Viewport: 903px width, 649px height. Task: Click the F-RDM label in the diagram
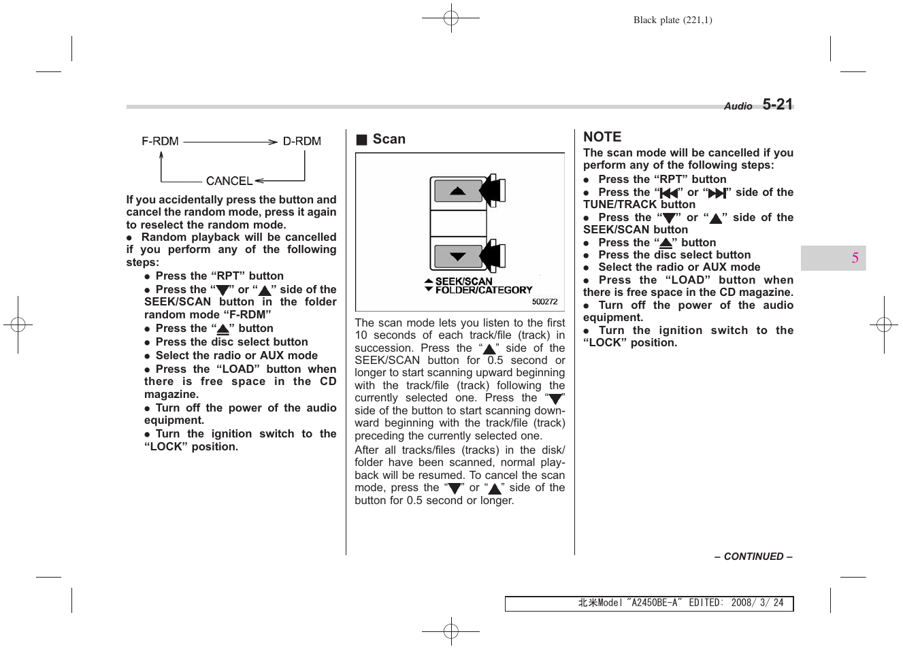pos(160,142)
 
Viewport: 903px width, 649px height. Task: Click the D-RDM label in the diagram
pos(301,142)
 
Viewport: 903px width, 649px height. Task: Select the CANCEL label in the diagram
pos(229,181)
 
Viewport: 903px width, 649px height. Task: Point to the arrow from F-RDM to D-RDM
pos(231,142)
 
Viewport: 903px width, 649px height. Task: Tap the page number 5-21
pos(778,105)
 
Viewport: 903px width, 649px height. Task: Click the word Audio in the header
pos(738,106)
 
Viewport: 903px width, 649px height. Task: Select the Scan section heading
pos(389,139)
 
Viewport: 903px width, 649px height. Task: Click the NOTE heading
pos(602,137)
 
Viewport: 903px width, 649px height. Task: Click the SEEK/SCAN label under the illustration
pos(463,281)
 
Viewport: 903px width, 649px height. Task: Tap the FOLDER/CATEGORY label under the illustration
pos(484,290)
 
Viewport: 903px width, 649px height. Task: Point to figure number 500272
pos(544,301)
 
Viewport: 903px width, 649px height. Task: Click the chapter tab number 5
pos(855,258)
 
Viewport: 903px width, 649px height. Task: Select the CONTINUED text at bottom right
pos(753,556)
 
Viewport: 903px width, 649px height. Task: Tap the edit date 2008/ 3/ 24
pos(757,603)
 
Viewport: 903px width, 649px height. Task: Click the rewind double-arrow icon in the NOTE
pos(670,193)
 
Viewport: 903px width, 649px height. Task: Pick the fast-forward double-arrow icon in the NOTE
pos(717,193)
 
